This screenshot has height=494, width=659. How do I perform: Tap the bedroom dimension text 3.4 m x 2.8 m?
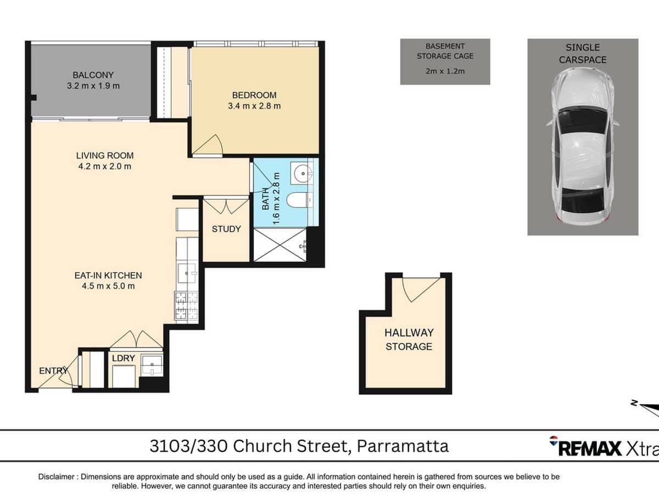pyautogui.click(x=254, y=106)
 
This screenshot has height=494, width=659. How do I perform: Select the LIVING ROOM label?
pyautogui.click(x=104, y=155)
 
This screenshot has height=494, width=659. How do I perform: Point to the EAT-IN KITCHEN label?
pyautogui.click(x=108, y=276)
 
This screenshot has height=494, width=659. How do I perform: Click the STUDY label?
pyautogui.click(x=226, y=229)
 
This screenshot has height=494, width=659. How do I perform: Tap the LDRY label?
pyautogui.click(x=123, y=358)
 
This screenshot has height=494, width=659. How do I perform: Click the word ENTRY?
pyautogui.click(x=53, y=371)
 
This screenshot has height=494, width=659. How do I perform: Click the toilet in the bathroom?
pyautogui.click(x=300, y=200)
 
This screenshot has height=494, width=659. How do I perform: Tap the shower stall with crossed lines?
pyautogui.click(x=277, y=245)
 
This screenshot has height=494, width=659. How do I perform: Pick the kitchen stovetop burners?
pyautogui.click(x=186, y=305)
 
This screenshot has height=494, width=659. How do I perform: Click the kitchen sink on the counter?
pyautogui.click(x=187, y=271)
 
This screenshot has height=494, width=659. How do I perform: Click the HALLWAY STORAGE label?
pyautogui.click(x=409, y=339)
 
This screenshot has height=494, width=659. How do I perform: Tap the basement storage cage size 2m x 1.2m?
pyautogui.click(x=445, y=71)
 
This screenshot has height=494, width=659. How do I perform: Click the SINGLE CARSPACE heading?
pyautogui.click(x=583, y=53)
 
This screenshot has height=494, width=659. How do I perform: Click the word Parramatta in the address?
pyautogui.click(x=403, y=446)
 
